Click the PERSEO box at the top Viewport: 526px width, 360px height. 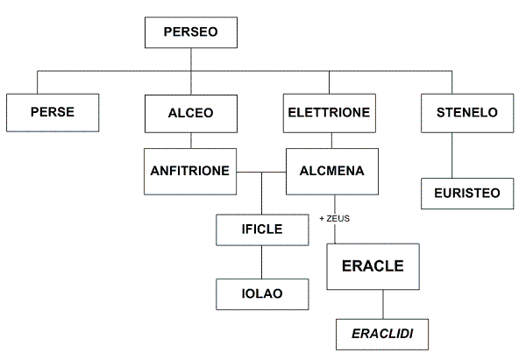[189, 34]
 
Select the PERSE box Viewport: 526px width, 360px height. [52, 112]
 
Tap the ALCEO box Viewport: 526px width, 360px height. [190, 112]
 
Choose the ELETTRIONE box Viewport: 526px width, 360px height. [330, 112]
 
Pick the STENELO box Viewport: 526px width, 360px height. [466, 112]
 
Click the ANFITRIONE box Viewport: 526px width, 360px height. [190, 171]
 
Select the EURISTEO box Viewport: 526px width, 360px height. [466, 194]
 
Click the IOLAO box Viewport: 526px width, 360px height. [262, 292]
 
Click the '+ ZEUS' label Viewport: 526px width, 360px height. [333, 218]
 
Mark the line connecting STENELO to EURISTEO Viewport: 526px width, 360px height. [452, 154]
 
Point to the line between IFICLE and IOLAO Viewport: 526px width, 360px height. [262, 262]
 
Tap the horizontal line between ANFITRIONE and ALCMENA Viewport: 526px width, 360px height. [262, 171]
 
